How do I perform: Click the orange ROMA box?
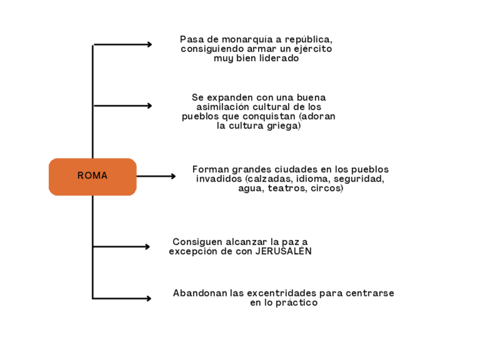92,176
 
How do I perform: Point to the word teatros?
287,188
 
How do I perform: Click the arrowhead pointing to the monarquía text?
149,44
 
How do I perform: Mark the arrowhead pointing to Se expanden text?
149,106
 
